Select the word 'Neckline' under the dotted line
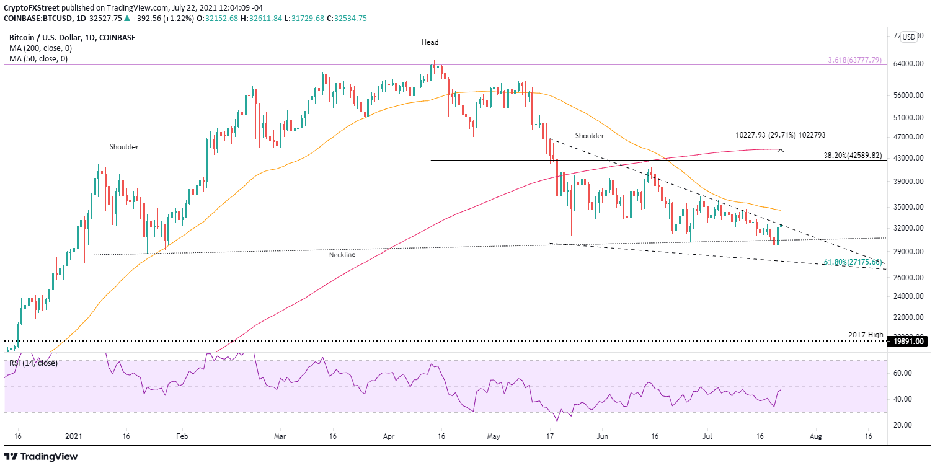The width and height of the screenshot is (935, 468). pyautogui.click(x=343, y=254)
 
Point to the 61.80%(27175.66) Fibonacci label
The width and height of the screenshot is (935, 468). pyautogui.click(x=852, y=263)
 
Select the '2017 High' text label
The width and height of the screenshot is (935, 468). pyautogui.click(x=865, y=335)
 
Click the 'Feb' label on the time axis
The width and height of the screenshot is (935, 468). pyautogui.click(x=182, y=436)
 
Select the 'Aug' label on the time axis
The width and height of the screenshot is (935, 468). pyautogui.click(x=816, y=436)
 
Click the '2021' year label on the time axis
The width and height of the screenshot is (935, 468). pyautogui.click(x=72, y=436)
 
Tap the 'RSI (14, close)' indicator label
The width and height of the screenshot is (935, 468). pyautogui.click(x=33, y=363)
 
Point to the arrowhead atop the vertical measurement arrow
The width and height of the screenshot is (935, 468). pyautogui.click(x=781, y=151)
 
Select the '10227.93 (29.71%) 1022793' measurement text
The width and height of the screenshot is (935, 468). pyautogui.click(x=781, y=135)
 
